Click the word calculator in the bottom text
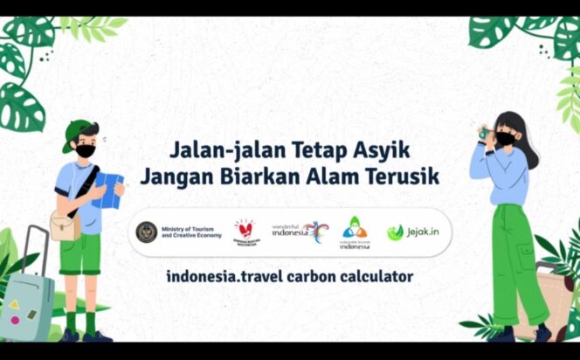373,277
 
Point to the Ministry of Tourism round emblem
146,232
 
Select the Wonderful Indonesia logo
300,232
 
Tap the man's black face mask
86,151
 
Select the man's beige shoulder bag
63,225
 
